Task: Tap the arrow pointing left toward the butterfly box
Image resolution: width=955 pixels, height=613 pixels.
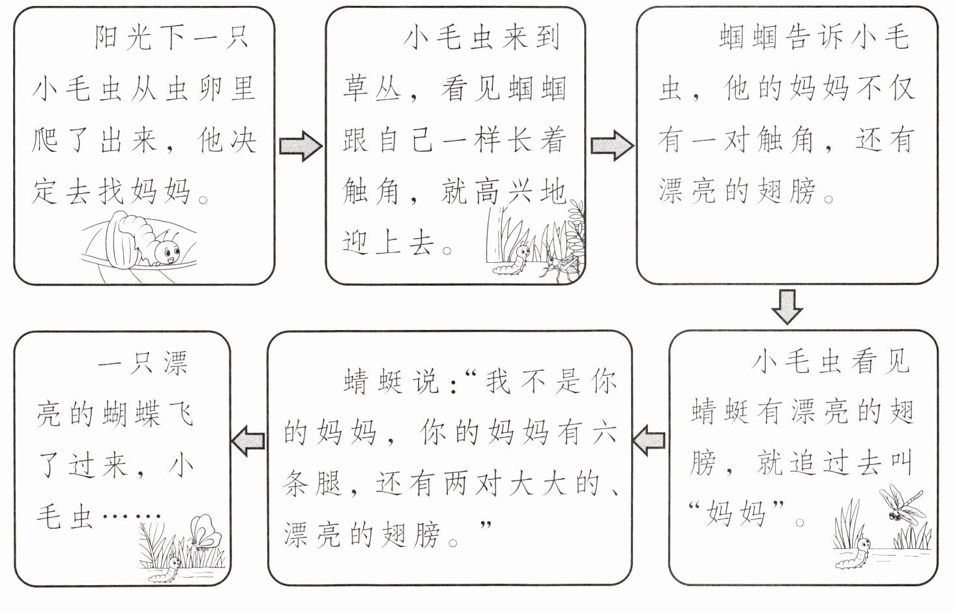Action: [x=248, y=441]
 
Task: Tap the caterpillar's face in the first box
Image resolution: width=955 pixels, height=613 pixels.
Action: [x=171, y=252]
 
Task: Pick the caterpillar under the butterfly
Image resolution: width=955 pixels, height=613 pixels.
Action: [x=166, y=571]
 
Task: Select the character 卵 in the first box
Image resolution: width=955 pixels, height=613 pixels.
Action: [x=209, y=89]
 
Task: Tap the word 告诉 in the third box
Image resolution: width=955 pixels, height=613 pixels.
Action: [x=814, y=38]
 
